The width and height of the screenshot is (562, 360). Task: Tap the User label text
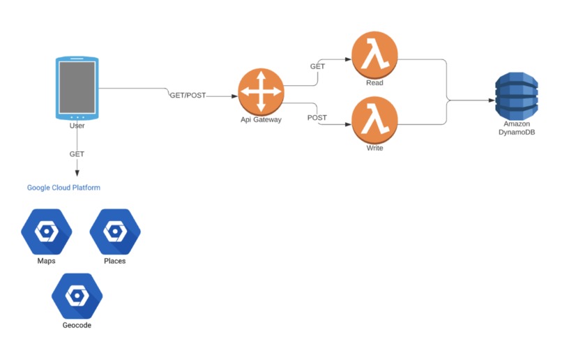[77, 126]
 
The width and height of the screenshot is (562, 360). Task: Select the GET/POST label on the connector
[188, 95]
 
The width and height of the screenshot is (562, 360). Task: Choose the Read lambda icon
[374, 55]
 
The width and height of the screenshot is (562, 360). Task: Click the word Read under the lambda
[374, 82]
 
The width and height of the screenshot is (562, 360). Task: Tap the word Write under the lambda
[374, 148]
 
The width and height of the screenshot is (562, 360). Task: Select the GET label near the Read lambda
[317, 66]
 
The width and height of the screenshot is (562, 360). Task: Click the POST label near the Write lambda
[318, 118]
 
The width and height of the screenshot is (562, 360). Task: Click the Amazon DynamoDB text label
[517, 128]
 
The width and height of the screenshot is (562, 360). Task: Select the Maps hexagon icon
[46, 231]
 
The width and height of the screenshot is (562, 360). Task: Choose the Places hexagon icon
[115, 231]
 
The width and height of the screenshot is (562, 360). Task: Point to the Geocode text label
[77, 325]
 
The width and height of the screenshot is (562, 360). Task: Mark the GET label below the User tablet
[77, 153]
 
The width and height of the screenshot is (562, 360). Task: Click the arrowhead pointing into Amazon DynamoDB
[490, 100]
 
